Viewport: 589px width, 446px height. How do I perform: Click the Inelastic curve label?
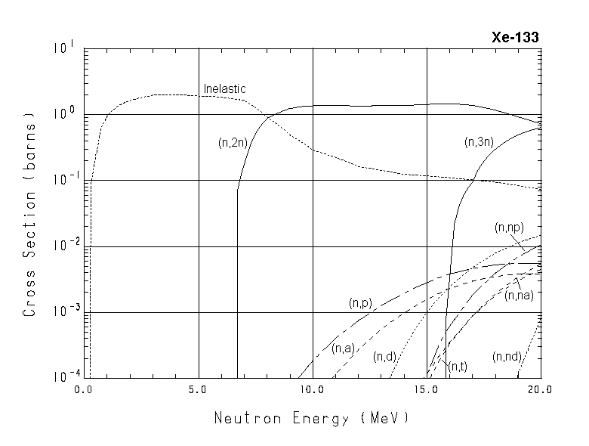(x=224, y=89)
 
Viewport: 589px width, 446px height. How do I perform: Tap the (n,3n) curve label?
(x=480, y=141)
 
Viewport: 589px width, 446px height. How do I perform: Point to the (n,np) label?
(x=509, y=227)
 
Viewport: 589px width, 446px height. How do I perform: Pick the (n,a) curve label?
(x=343, y=348)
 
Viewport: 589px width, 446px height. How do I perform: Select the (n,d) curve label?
(x=385, y=357)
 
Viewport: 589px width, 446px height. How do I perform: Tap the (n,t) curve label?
(x=458, y=367)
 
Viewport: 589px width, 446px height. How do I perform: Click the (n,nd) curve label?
(x=506, y=357)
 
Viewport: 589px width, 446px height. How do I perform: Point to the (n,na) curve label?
(x=520, y=296)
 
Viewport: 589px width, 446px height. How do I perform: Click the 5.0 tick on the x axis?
(x=199, y=390)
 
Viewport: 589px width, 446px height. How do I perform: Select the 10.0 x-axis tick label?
(x=312, y=390)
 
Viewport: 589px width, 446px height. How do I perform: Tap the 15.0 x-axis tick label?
(x=427, y=390)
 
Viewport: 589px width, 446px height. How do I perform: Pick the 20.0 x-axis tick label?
(x=540, y=390)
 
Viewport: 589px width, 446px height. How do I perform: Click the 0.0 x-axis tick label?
(x=84, y=390)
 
